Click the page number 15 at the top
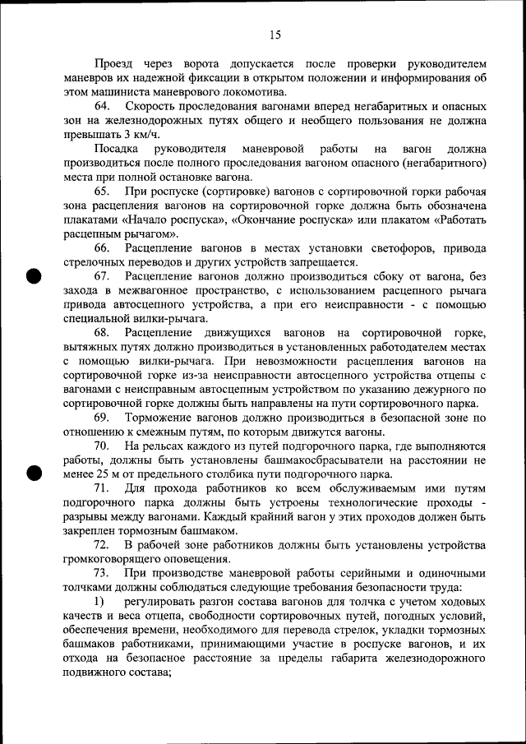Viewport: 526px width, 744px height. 275,35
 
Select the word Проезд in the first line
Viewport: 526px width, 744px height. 113,63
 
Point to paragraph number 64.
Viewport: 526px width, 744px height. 103,107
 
